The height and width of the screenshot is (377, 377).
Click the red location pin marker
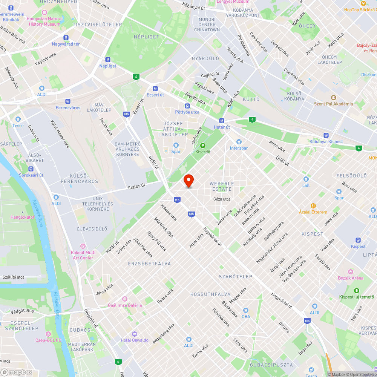(x=188, y=181)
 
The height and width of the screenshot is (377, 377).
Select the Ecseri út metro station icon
(x=155, y=88)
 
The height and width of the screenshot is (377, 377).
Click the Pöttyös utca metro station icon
(x=187, y=106)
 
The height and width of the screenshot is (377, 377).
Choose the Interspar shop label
(x=239, y=148)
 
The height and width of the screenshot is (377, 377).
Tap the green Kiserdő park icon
(x=203, y=145)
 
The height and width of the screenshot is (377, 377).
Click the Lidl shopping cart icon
(x=306, y=179)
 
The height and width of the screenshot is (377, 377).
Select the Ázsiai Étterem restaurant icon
(x=313, y=206)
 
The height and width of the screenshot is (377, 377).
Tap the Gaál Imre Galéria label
(x=125, y=305)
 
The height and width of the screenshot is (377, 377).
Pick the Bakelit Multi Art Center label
(x=83, y=255)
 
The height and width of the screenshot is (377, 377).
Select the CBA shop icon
(x=246, y=310)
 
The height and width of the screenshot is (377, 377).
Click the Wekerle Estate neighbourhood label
(x=222, y=186)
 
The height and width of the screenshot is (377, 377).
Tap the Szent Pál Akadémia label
(x=334, y=104)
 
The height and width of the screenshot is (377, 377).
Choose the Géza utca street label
(x=222, y=199)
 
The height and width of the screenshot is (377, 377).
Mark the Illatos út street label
(x=136, y=186)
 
